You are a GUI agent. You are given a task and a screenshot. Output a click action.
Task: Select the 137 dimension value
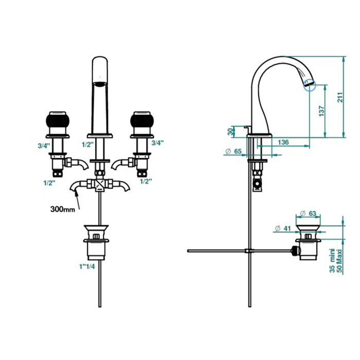(x=322, y=111)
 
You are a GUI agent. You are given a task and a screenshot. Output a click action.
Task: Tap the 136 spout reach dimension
(x=283, y=142)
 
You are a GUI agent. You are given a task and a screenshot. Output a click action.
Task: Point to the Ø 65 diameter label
(x=233, y=151)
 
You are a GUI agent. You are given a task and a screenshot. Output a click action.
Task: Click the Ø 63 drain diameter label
(x=308, y=213)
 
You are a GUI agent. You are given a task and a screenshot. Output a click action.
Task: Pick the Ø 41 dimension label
(x=283, y=228)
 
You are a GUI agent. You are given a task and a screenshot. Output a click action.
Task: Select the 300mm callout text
(x=63, y=209)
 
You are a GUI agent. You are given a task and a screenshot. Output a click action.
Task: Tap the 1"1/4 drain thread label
(x=87, y=266)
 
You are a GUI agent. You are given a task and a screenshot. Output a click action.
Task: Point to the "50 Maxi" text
(x=339, y=261)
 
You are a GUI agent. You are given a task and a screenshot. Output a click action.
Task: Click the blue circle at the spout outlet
(x=310, y=85)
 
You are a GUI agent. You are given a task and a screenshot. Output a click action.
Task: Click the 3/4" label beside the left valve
(x=44, y=146)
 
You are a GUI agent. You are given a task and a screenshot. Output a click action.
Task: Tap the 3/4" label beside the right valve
(x=157, y=143)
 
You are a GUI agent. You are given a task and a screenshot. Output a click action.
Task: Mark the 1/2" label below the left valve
(x=49, y=183)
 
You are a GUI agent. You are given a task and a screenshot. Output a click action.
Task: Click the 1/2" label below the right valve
(x=146, y=182)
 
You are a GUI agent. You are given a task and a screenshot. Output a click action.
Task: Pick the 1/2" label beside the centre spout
(x=88, y=145)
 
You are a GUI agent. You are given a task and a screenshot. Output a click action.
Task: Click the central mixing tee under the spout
(x=100, y=184)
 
